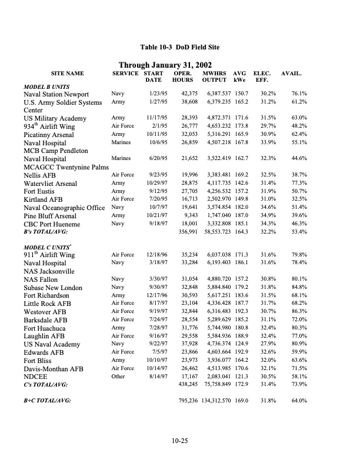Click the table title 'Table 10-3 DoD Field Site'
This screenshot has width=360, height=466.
pyautogui.click(x=180, y=46)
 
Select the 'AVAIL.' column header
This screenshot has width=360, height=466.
pyautogui.click(x=291, y=74)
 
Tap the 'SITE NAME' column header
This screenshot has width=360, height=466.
pyautogui.click(x=68, y=74)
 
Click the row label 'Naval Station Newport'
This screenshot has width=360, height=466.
pyautogui.click(x=55, y=94)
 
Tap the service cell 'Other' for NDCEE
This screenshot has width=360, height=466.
pyautogui.click(x=118, y=376)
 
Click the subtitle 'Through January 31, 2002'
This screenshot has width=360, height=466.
pyautogui.click(x=165, y=65)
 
